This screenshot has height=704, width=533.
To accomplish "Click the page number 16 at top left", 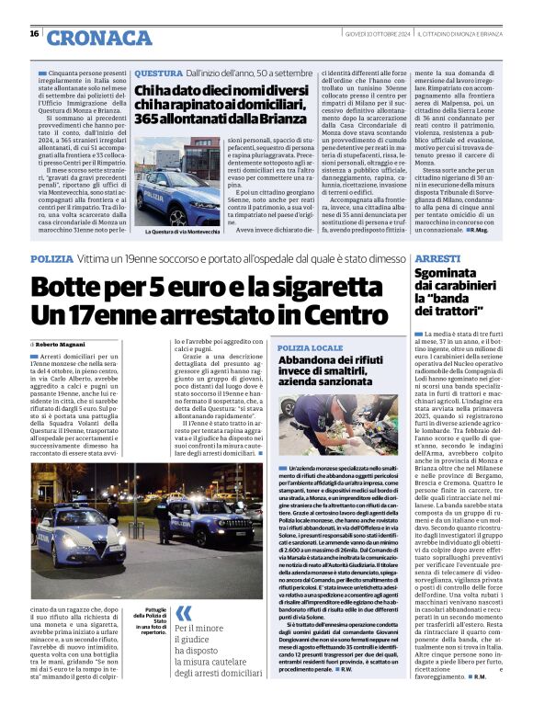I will [x=34, y=34].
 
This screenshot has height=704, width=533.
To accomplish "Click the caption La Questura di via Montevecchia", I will [x=169, y=232].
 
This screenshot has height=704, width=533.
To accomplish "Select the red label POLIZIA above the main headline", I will [x=51, y=260].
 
